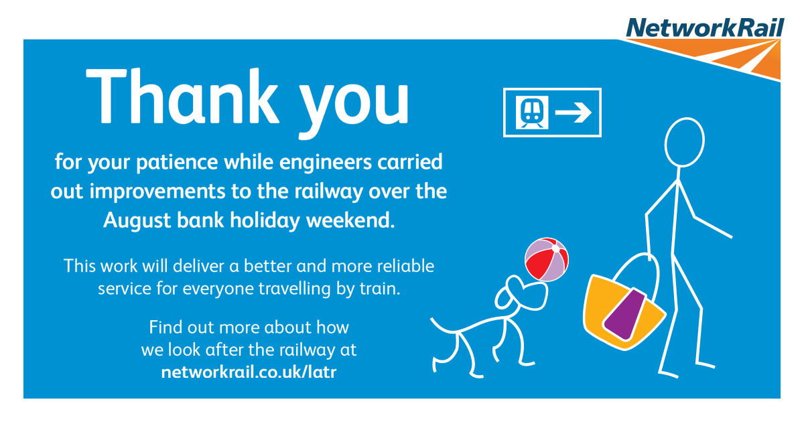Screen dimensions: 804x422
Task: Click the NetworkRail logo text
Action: click(706, 27)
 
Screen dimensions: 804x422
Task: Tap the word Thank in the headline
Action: click(182, 96)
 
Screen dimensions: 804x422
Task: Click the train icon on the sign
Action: click(532, 112)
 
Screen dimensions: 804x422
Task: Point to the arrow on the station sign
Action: click(574, 113)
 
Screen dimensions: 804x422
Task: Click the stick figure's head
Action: click(685, 143)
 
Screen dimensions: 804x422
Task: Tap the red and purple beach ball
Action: click(547, 259)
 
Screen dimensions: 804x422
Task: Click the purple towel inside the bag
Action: click(625, 313)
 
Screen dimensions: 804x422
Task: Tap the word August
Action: click(137, 220)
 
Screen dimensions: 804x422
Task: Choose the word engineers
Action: click(325, 163)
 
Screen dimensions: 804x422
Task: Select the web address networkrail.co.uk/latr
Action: click(249, 372)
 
